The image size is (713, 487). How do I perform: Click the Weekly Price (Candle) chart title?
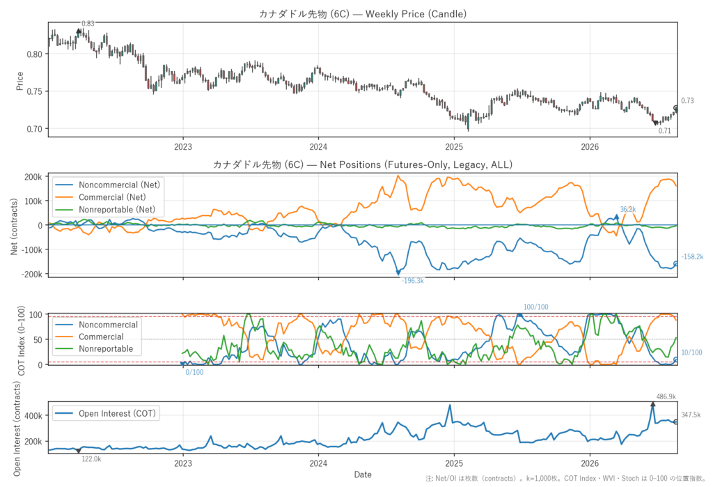pyautogui.click(x=362, y=14)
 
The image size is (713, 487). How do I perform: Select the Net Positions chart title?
pyautogui.click(x=362, y=164)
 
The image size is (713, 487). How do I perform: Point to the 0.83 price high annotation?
pyautogui.click(x=88, y=24)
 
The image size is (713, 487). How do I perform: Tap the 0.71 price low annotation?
pyautogui.click(x=664, y=130)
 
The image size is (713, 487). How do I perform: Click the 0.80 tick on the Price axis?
pyautogui.click(x=34, y=54)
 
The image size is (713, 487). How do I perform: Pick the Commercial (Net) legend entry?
pyautogui.click(x=112, y=197)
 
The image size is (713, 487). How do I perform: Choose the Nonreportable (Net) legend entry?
pyautogui.click(x=117, y=210)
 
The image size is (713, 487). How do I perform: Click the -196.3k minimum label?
pyautogui.click(x=412, y=281)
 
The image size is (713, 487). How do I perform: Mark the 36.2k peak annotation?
pyautogui.click(x=628, y=210)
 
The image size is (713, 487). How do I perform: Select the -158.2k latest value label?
pyautogui.click(x=692, y=256)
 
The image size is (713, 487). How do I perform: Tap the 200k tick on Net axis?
pyautogui.click(x=33, y=177)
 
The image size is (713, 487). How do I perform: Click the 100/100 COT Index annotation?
pyautogui.click(x=535, y=307)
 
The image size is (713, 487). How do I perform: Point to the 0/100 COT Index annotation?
pyautogui.click(x=195, y=372)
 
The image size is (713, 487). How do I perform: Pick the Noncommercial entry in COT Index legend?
pyautogui.click(x=108, y=325)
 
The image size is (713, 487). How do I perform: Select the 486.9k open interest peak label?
pyautogui.click(x=666, y=397)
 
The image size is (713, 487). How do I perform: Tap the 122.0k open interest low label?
pyautogui.click(x=91, y=458)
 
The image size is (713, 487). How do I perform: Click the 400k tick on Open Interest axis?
pyautogui.click(x=33, y=416)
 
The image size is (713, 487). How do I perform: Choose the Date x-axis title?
pyautogui.click(x=363, y=474)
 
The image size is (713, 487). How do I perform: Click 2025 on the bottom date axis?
pyautogui.click(x=454, y=464)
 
